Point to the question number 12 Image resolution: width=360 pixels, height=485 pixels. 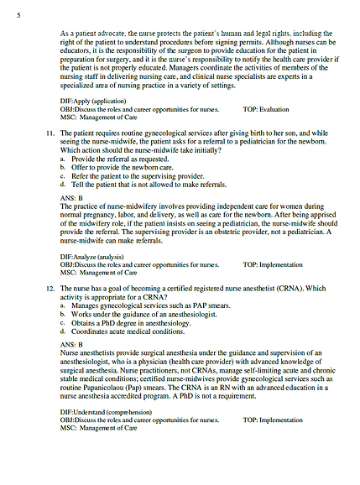click(50, 287)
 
